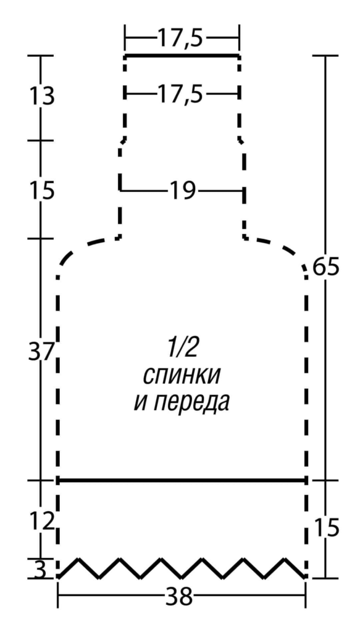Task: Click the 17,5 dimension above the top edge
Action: click(181, 38)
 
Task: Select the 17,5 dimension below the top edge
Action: click(181, 95)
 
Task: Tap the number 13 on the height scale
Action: click(41, 97)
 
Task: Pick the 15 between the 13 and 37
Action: click(41, 191)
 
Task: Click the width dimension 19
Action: click(182, 191)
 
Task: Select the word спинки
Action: click(182, 375)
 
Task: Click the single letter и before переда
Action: click(140, 402)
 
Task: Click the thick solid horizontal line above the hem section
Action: click(182, 480)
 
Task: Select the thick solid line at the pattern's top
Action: click(182, 55)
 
